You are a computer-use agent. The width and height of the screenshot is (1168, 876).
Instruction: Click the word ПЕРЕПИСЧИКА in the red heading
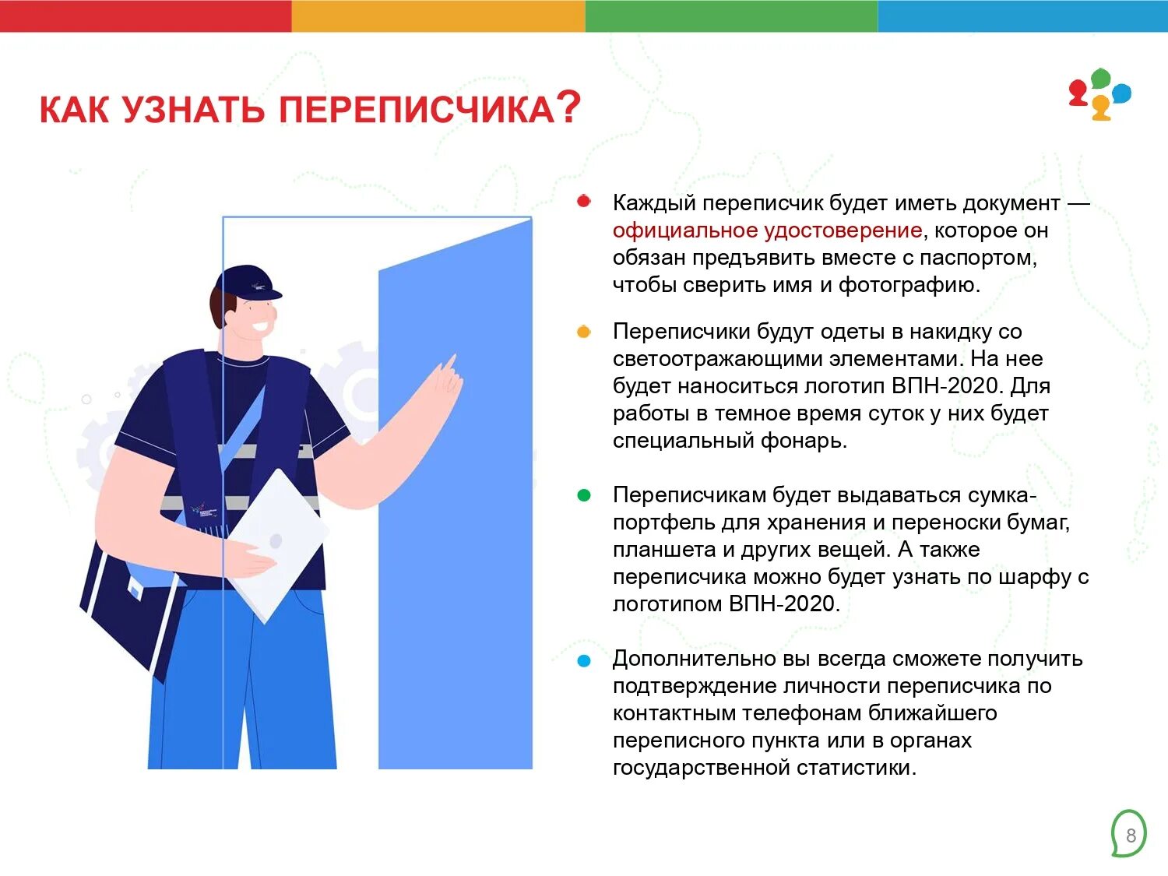click(417, 110)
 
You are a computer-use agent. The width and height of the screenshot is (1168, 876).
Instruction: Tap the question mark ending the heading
click(569, 107)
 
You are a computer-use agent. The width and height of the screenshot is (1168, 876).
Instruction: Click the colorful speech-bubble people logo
click(1099, 94)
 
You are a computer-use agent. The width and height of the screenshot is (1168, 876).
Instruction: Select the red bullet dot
click(584, 202)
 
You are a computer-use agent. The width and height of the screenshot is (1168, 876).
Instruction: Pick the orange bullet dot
click(584, 332)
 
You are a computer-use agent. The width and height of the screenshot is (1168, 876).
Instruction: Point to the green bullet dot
click(584, 495)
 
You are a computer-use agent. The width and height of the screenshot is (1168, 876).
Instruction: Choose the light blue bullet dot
click(584, 661)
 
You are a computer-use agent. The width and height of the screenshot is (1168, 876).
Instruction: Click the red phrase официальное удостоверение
click(767, 230)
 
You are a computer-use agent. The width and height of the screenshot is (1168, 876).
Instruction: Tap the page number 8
click(1131, 836)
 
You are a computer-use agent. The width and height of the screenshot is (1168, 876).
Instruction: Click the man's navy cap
click(248, 282)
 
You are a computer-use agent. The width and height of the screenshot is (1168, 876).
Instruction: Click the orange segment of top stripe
click(438, 16)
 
